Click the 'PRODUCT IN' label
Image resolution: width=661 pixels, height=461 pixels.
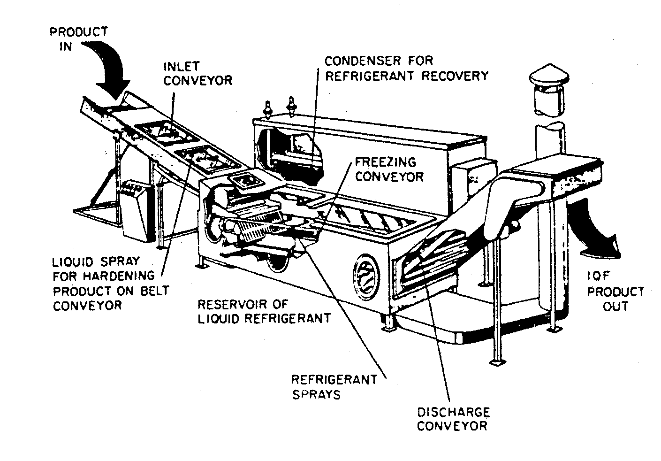(x=78, y=39)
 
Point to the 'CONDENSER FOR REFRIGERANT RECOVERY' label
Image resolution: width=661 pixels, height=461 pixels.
(x=406, y=68)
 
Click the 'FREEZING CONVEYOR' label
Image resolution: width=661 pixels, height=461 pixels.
(x=388, y=169)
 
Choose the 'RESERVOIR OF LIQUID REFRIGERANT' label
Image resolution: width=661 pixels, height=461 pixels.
(x=264, y=311)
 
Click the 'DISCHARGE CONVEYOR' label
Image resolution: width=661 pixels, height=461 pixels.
(x=453, y=419)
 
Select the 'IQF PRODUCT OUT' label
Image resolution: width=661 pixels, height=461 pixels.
(x=615, y=292)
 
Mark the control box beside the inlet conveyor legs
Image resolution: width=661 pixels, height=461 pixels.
(x=137, y=211)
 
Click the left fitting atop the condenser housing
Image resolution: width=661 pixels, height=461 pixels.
(x=269, y=108)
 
